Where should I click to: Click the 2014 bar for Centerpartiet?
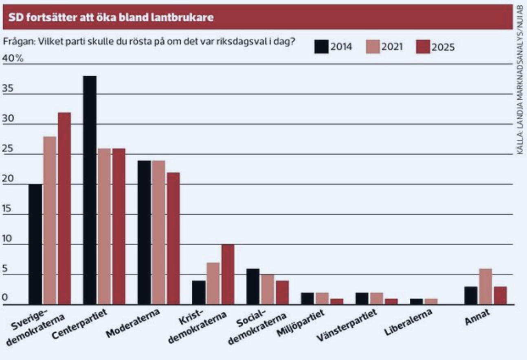point(90,190)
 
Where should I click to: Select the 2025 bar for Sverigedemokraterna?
point(64,209)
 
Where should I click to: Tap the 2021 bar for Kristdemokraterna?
point(213,284)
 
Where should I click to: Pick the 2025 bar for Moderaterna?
point(173,239)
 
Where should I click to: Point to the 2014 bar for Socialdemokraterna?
point(253,287)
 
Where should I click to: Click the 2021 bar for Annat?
point(485,287)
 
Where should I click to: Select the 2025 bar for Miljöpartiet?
point(336,302)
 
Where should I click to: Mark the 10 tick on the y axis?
point(8,239)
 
